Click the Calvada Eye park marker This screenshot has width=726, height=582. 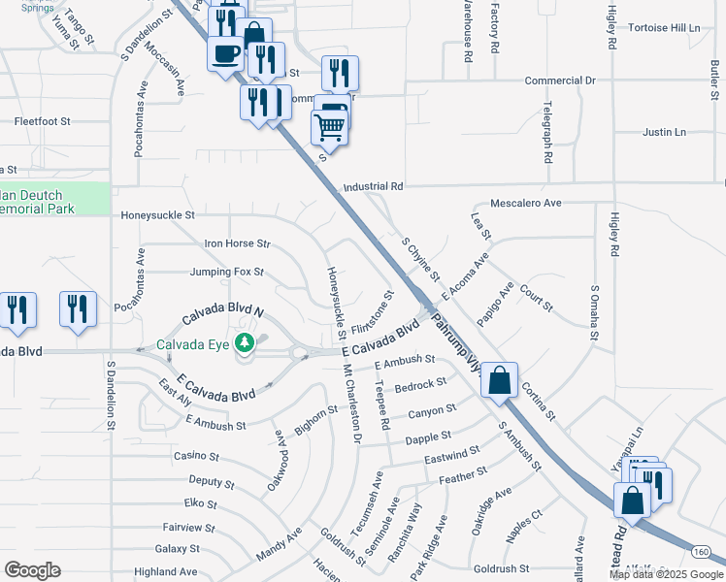247,343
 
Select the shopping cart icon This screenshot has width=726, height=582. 330,125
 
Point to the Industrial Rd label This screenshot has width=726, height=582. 373,186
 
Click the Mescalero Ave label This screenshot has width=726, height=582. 526,204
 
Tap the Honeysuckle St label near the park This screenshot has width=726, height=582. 157,214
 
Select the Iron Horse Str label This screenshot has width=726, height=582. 237,243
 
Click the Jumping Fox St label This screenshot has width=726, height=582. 227,272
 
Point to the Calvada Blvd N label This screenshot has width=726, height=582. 224,313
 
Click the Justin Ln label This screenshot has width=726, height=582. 664,132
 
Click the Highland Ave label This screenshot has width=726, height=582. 166,572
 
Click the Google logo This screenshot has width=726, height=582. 32,570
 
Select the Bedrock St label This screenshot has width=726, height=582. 420,386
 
